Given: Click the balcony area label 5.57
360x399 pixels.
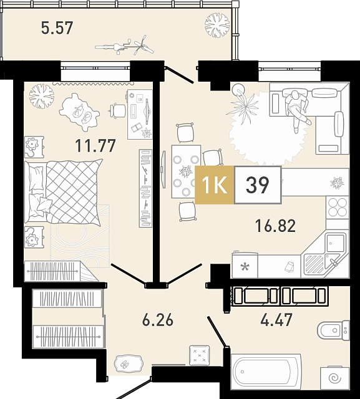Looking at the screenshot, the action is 57,27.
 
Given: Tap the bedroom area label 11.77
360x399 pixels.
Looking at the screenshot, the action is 95,145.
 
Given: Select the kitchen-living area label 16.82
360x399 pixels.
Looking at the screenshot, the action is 276,226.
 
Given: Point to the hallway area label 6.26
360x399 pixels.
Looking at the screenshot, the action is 158,320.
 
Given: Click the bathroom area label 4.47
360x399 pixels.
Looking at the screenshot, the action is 276,320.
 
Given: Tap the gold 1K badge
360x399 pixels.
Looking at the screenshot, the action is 215,185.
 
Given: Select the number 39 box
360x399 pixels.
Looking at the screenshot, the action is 258,185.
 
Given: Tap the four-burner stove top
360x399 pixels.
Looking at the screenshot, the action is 338,207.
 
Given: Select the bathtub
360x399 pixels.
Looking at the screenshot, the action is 266,372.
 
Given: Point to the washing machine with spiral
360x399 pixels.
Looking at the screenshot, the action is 335,378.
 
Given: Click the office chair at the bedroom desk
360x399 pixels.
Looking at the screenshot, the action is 118,111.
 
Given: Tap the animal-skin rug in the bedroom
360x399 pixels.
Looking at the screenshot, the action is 79,112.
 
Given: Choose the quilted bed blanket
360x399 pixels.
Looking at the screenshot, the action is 74,192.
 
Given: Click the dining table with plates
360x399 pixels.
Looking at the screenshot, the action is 186,171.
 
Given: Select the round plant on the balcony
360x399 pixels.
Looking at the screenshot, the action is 217,25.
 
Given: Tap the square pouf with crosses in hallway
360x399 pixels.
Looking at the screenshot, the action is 200,355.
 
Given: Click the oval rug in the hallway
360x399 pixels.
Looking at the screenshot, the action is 128,364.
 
